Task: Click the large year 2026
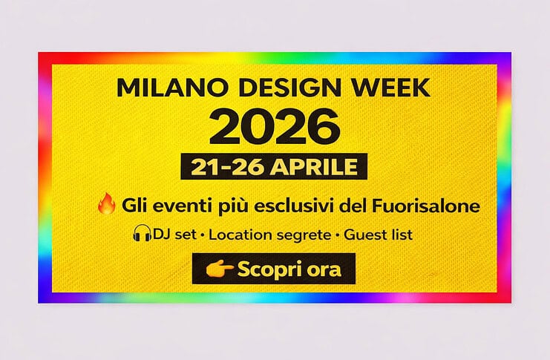274,126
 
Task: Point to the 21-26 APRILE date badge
274,167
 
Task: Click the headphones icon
142,235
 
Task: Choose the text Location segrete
270,235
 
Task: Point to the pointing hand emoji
219,269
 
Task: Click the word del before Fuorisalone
355,205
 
